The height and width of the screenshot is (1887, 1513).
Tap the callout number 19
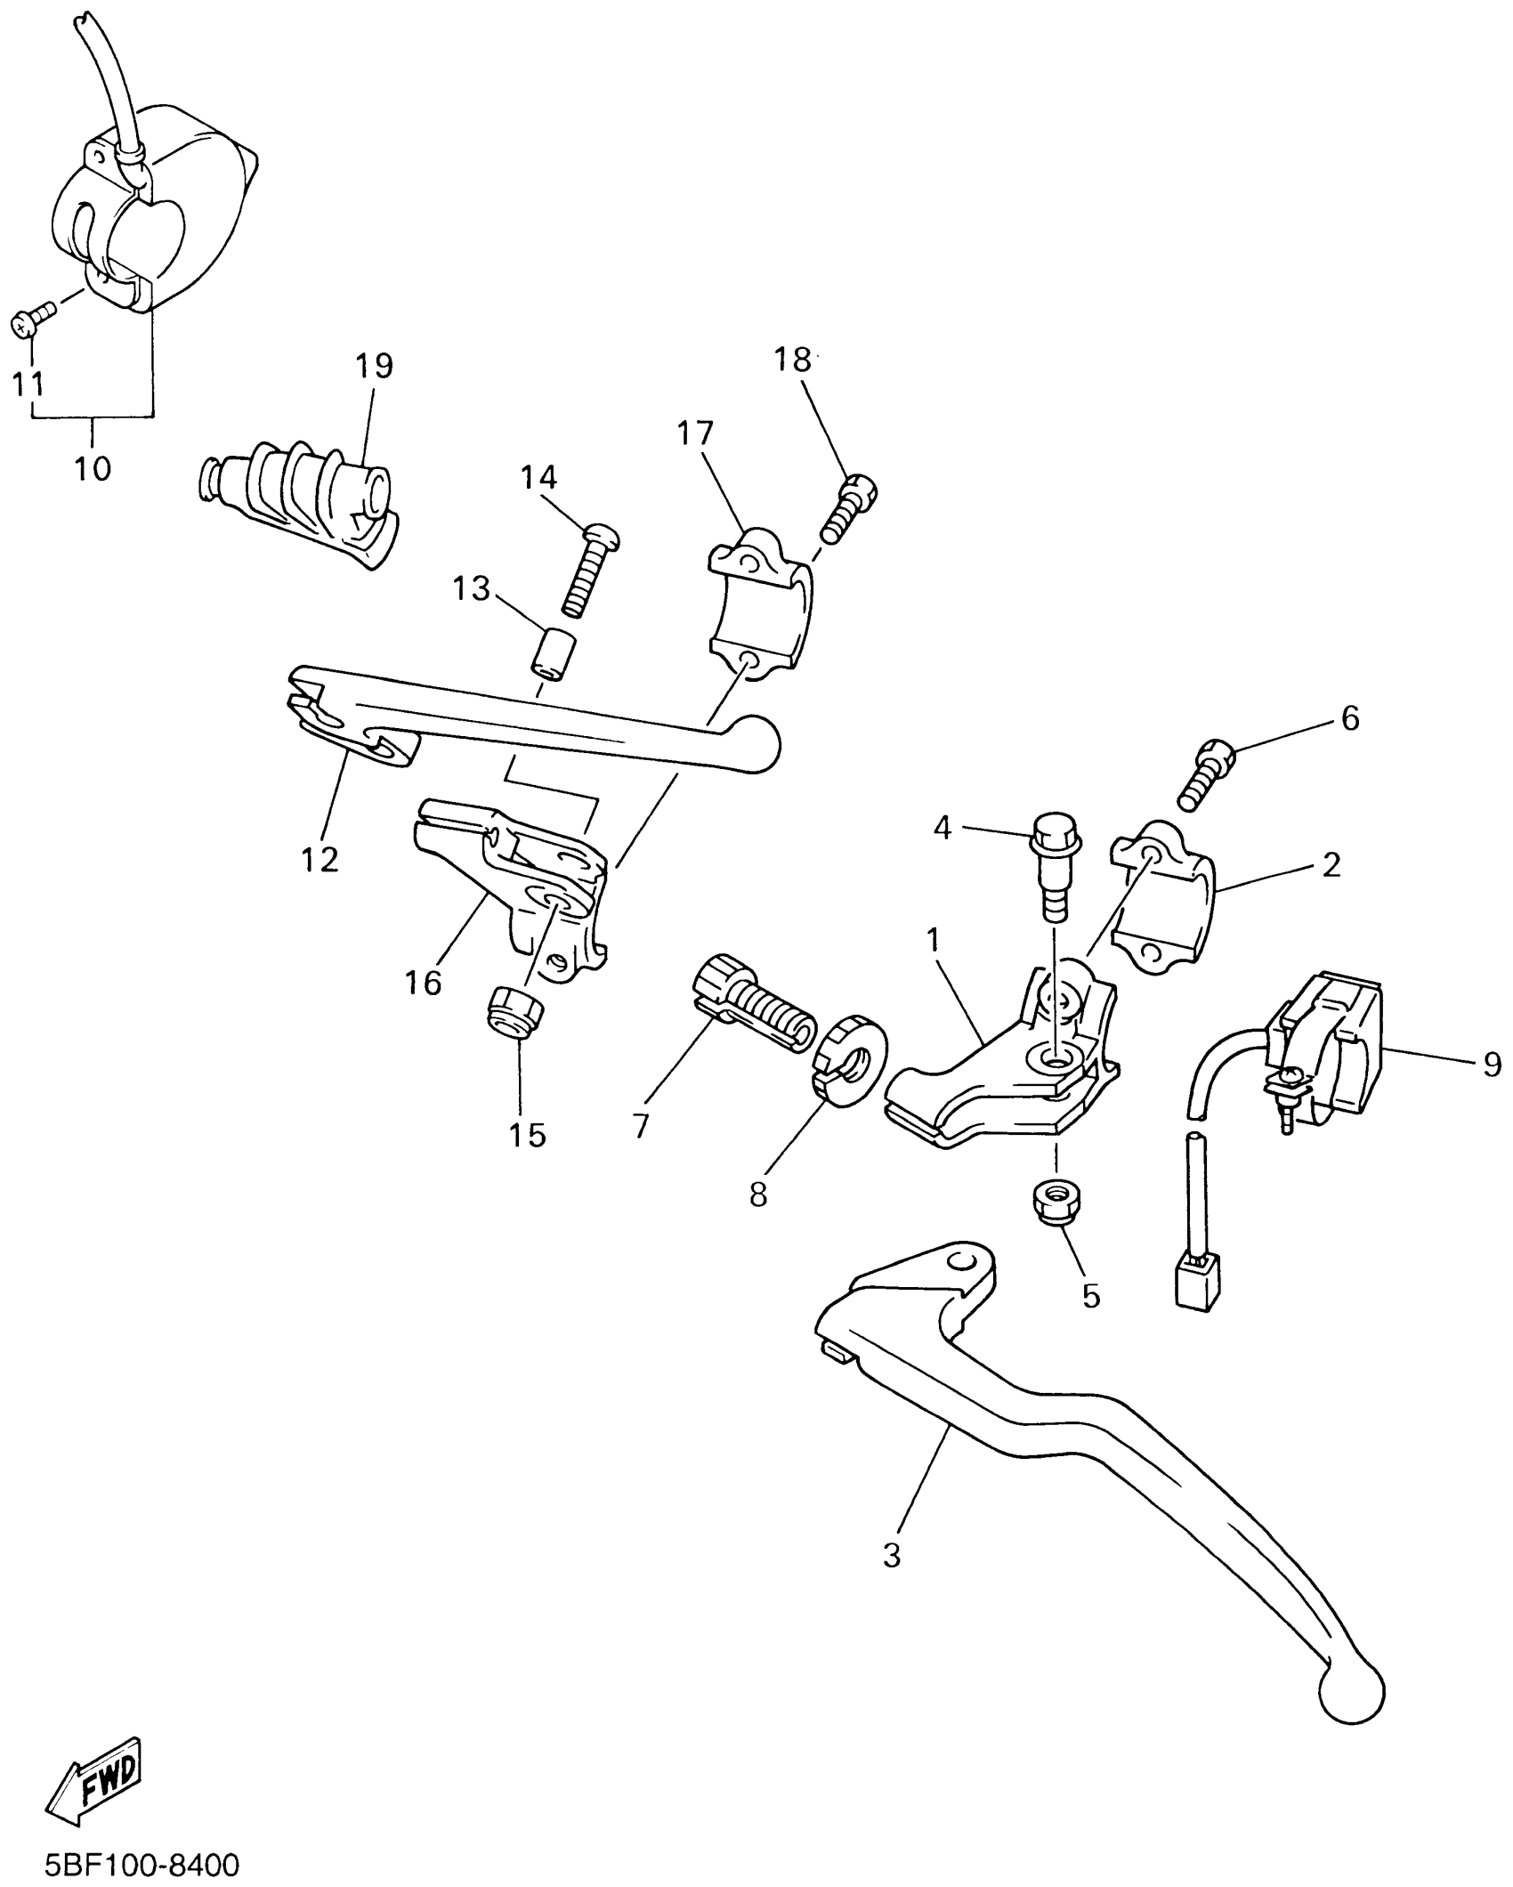374,365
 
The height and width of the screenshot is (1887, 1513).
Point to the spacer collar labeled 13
553,654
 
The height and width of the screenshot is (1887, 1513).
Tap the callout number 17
695,433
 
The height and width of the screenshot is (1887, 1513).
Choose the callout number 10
93,468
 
